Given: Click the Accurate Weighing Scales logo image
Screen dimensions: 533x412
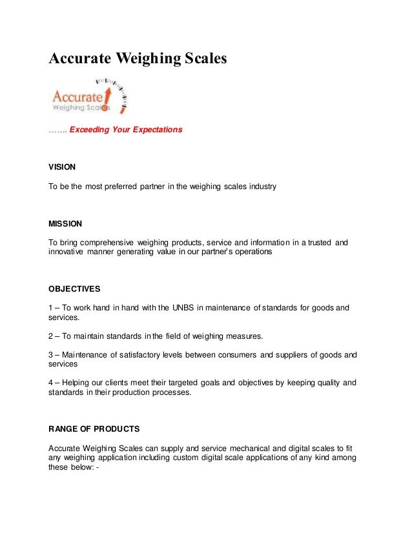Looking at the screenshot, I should [89, 95].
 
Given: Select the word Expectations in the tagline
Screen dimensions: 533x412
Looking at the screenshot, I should [158, 130].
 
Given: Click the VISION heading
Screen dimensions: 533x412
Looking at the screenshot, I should [62, 166].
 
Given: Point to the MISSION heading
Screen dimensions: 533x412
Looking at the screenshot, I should [65, 224].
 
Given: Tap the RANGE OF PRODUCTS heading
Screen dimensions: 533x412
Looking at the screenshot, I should [94, 428].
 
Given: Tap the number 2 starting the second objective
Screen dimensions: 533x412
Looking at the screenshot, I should [52, 336].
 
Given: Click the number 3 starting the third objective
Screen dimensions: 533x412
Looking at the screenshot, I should [52, 354].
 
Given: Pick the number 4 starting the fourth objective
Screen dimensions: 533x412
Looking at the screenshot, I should [52, 382].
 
